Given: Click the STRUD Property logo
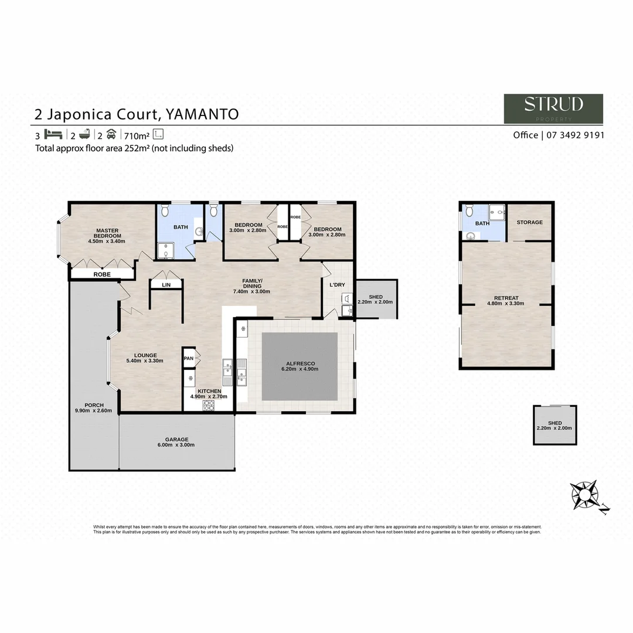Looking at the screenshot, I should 553,108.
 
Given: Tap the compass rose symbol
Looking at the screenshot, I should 584,495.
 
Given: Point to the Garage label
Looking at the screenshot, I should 176,440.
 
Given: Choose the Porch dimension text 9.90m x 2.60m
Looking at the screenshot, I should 94,411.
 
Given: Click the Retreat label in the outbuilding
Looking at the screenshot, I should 506,298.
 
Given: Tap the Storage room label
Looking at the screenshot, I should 529,223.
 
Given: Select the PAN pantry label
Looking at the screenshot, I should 188,359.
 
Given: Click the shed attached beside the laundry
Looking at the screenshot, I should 376,300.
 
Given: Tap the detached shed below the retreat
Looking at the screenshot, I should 554,426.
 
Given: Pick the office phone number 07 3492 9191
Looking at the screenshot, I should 576,135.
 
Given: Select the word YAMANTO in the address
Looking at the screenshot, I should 203,114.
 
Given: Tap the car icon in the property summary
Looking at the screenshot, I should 110,134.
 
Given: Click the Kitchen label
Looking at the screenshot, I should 209,391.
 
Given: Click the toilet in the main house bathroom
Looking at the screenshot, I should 165,209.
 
